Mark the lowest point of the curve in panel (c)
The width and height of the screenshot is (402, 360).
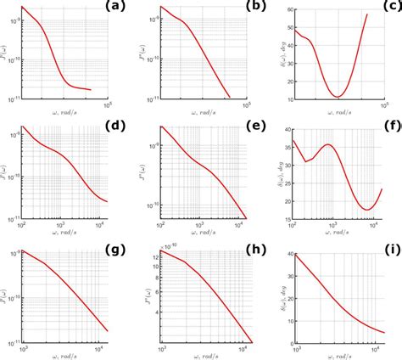pos(338,96)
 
